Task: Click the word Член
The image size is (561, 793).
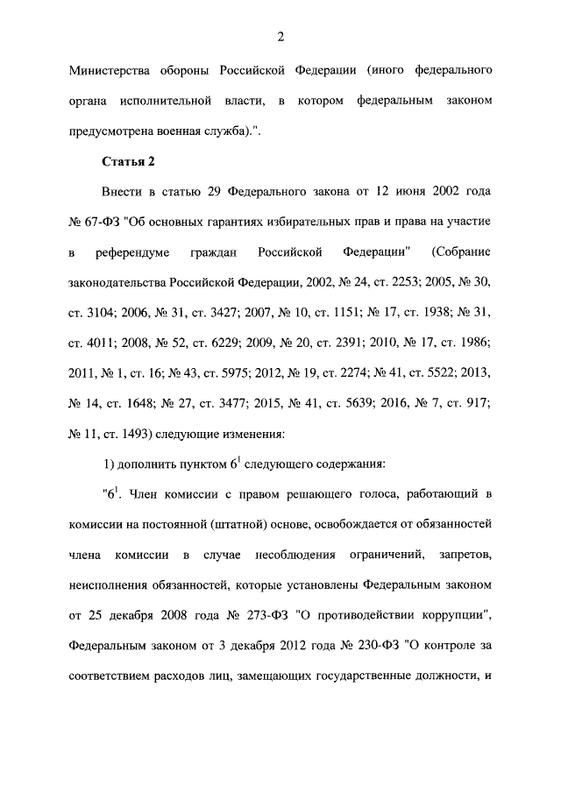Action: [x=150, y=495]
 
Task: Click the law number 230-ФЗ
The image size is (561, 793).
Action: [x=378, y=648]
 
